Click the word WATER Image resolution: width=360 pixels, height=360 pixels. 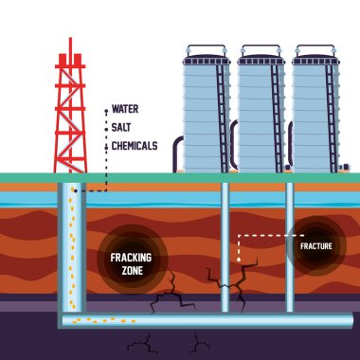pos(125,109)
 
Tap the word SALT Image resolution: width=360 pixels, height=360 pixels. pos(121,127)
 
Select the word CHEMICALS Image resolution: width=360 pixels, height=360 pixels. pos(135,146)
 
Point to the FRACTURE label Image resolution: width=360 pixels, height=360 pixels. pos(315,246)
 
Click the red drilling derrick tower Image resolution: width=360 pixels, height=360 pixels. pos(68,114)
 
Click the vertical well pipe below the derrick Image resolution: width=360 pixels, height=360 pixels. pos(71,246)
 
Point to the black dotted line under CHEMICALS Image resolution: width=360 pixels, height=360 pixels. pos(106,175)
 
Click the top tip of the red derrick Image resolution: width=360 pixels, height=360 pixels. pos(68,42)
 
